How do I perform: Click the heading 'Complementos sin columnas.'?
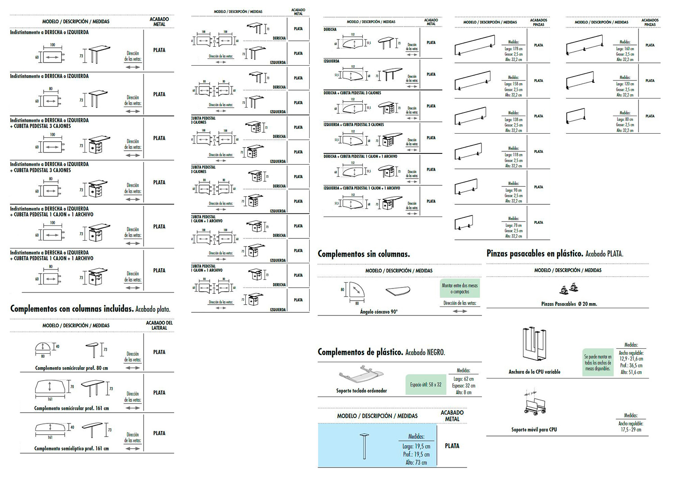pos(364,254)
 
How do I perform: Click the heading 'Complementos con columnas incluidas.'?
pos(72,309)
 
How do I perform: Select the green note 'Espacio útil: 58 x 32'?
pos(426,385)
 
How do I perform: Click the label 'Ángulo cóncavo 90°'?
pos(378,311)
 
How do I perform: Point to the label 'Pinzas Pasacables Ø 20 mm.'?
pos(569,304)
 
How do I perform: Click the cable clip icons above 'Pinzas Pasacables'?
pos(568,288)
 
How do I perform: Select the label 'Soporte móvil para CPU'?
pos(534,430)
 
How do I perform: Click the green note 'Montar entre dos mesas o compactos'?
pos(460,288)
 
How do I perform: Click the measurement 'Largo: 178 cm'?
pos(513,49)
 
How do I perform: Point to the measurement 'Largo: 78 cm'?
pos(513,225)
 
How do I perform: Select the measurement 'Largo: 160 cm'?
pos(625,49)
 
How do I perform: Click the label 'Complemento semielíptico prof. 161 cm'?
pos(72,449)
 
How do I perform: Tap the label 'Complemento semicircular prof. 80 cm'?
pos(72,368)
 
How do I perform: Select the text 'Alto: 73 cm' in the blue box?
pos(416,462)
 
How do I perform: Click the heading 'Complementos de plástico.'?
pos(360,352)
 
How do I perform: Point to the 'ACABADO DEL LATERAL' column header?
pos(159,325)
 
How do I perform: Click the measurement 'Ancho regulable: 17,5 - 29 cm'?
pos(630,427)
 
